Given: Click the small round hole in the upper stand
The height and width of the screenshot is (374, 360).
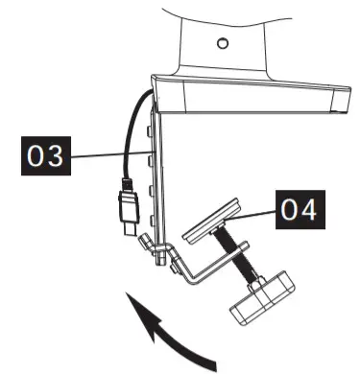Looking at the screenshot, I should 223,43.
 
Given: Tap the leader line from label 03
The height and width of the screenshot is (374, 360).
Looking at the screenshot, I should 106,153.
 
